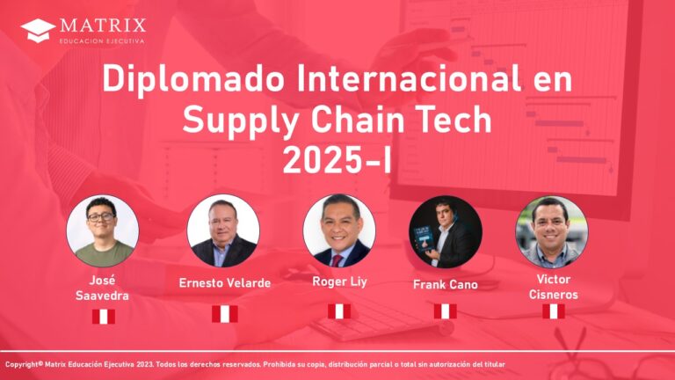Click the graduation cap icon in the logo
click(38, 30)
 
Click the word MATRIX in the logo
click(103, 25)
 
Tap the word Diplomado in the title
click(193, 80)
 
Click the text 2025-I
click(337, 159)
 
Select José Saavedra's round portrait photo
click(103, 231)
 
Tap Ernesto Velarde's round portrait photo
click(223, 230)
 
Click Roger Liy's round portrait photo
click(338, 230)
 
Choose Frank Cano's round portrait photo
click(445, 232)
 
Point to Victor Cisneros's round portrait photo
click(551, 232)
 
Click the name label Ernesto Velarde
click(225, 283)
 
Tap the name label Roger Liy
click(339, 282)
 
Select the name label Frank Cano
click(445, 284)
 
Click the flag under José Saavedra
click(104, 317)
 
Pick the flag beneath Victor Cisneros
click(554, 311)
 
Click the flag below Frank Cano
click(445, 311)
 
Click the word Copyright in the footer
click(21, 364)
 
